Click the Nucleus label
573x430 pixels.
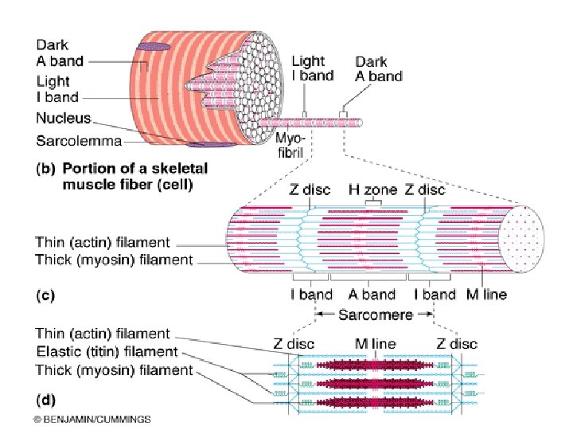pos(63,119)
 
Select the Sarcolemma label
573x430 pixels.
pos(79,142)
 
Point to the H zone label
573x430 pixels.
pos(368,190)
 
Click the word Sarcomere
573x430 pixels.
pos(376,314)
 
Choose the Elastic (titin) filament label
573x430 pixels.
pos(106,351)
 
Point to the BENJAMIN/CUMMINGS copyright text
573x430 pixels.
pos(92,418)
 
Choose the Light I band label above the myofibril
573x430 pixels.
pos(309,68)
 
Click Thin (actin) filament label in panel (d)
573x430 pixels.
pos(103,334)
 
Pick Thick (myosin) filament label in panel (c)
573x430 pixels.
pos(114,260)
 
